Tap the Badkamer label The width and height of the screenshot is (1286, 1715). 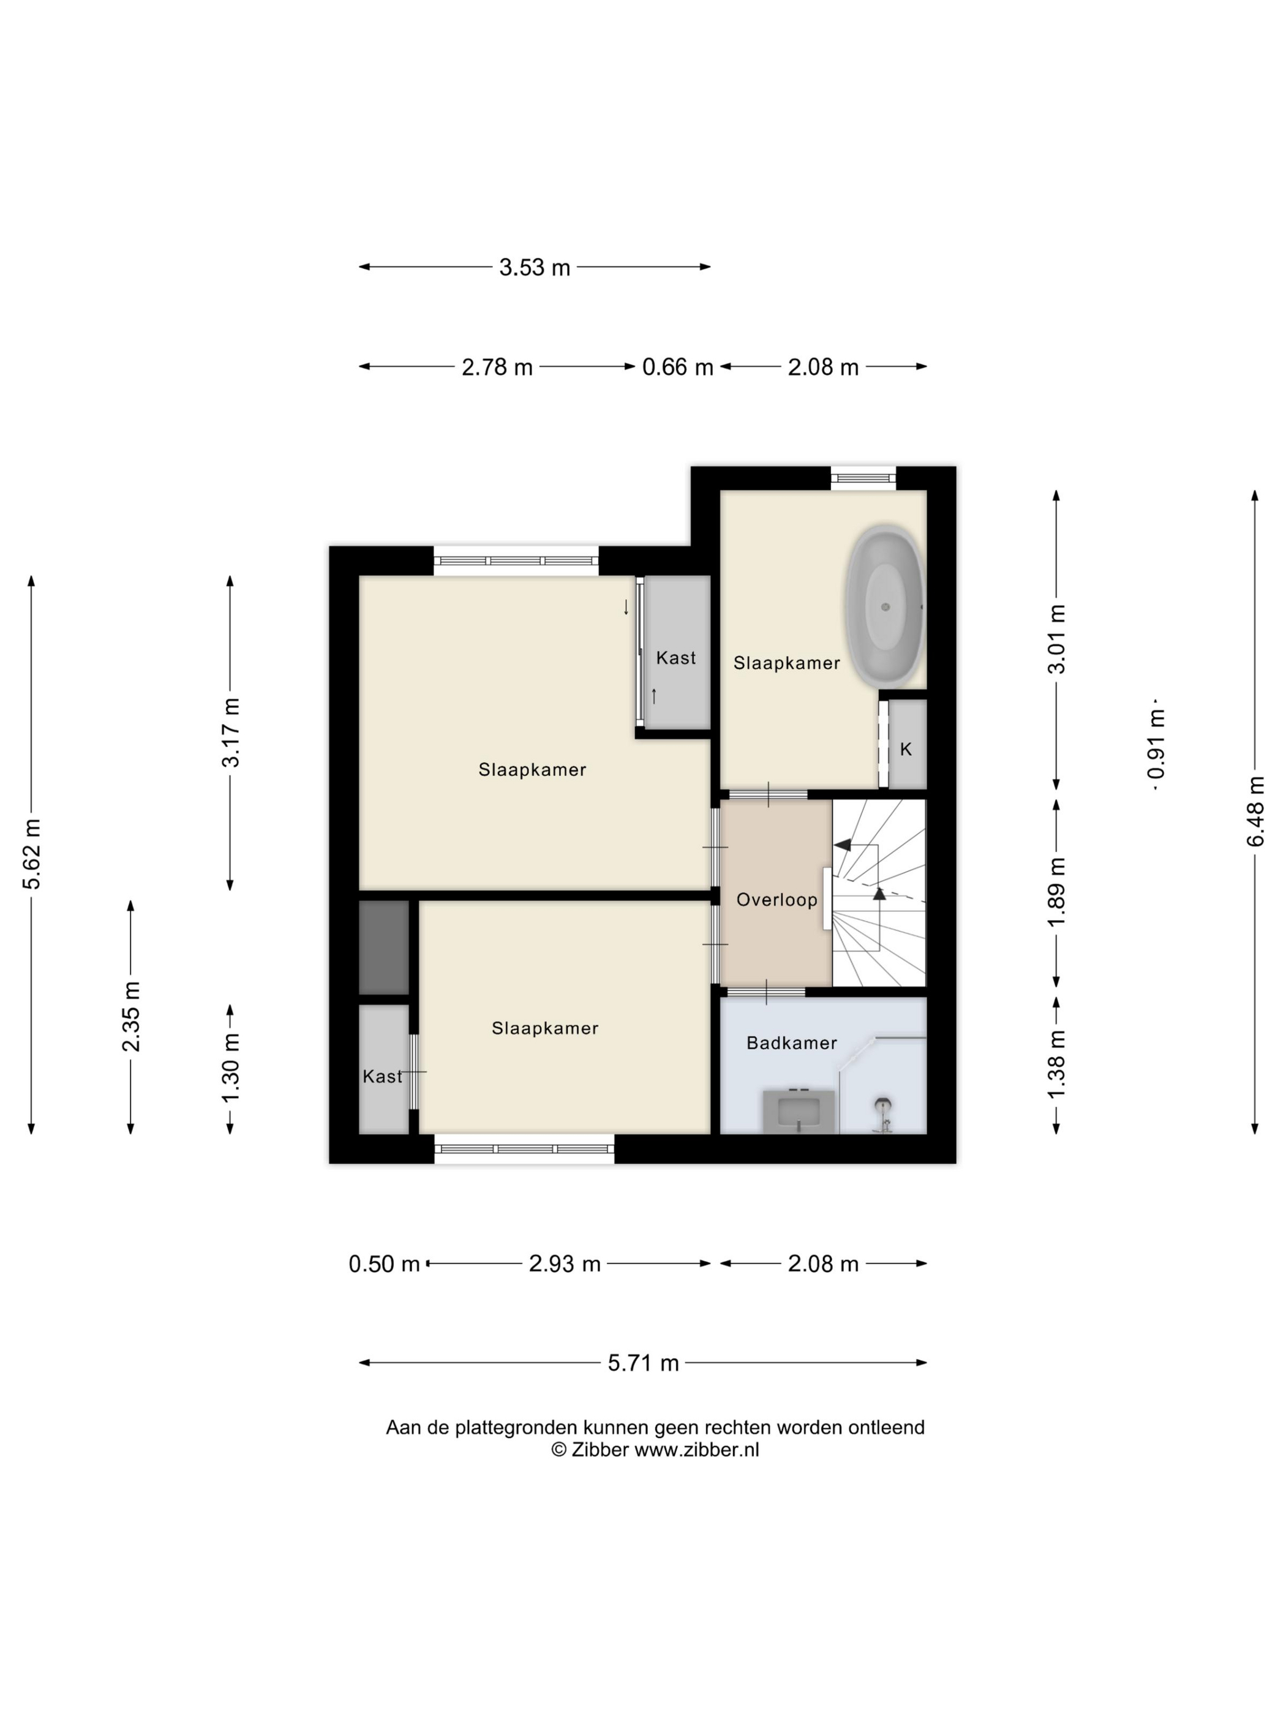[x=791, y=1043]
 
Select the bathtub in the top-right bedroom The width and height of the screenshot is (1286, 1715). [x=884, y=607]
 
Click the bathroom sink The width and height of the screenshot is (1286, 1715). [x=799, y=1111]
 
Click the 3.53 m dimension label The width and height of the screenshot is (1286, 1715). [x=534, y=268]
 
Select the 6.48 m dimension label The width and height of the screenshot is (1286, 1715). [x=1256, y=812]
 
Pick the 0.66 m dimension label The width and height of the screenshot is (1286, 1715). [x=677, y=367]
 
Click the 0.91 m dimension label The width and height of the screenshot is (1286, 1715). [x=1157, y=743]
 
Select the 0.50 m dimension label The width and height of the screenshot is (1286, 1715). [x=384, y=1265]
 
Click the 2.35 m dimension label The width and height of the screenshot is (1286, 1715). [x=131, y=1016]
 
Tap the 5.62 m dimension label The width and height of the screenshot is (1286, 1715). [x=32, y=854]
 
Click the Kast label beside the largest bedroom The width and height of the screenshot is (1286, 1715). [x=676, y=658]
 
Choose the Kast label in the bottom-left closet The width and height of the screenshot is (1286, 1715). [x=382, y=1077]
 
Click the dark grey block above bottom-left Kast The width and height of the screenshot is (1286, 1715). [x=384, y=947]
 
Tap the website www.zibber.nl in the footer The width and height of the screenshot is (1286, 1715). [x=697, y=1450]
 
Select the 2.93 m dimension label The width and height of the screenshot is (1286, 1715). [x=565, y=1265]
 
